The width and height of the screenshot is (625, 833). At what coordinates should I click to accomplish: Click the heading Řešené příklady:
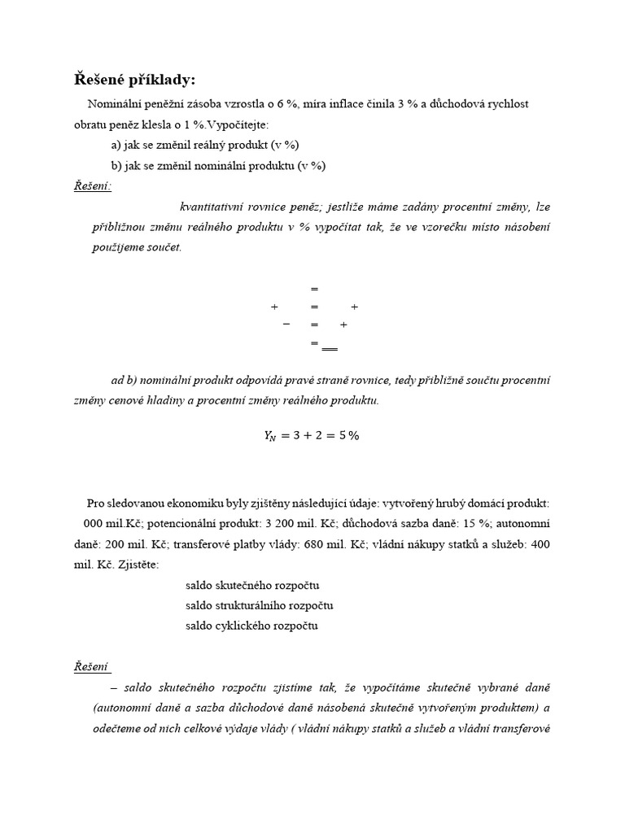pyautogui.click(x=134, y=80)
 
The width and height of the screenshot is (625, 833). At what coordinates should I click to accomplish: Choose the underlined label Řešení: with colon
pyautogui.click(x=92, y=186)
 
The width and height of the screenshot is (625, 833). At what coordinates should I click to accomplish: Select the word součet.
pyautogui.click(x=164, y=247)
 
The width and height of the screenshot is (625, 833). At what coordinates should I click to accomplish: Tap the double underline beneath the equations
pyautogui.click(x=329, y=348)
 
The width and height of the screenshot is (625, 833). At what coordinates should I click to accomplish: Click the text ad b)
pyautogui.click(x=125, y=380)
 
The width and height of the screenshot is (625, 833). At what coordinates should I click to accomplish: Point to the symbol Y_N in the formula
pyautogui.click(x=270, y=436)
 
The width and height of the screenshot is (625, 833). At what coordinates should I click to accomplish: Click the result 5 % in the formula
pyautogui.click(x=348, y=435)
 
